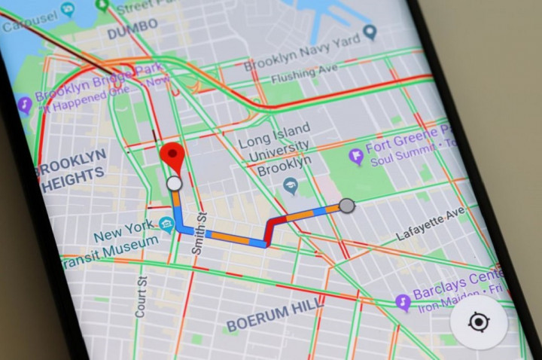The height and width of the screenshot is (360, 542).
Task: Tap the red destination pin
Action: point(175,157)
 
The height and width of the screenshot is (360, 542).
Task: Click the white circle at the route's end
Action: point(174,184)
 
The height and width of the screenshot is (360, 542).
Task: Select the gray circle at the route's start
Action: point(346,205)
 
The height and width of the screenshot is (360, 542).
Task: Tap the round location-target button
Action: point(479,322)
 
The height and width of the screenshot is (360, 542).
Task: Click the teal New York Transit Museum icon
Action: point(166,224)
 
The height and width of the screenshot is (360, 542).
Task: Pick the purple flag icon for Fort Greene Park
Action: point(356,156)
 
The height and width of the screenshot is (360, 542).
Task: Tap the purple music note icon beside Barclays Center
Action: point(403,302)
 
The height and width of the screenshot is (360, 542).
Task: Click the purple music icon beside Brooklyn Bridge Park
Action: point(24,103)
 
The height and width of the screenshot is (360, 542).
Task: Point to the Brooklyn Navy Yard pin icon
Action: point(369,32)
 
